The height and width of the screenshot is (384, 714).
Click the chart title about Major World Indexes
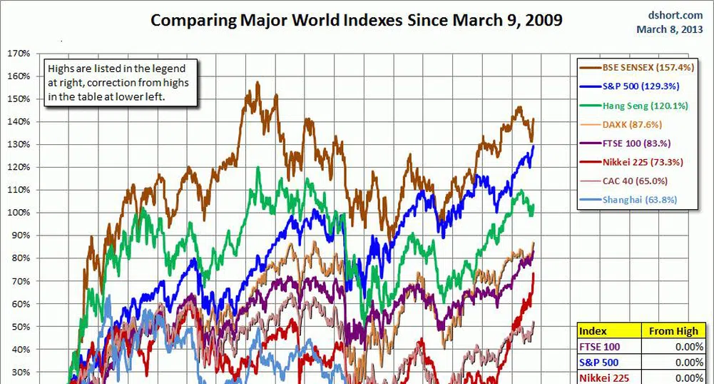point(356,20)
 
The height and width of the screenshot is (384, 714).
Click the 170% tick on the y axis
point(19,54)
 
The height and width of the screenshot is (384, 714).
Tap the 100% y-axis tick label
point(19,213)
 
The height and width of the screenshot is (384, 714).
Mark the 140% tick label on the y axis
point(19,122)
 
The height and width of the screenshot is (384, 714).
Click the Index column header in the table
point(593,331)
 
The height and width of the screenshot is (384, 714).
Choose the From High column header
point(673,331)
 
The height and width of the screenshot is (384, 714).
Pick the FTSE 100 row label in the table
point(600,347)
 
